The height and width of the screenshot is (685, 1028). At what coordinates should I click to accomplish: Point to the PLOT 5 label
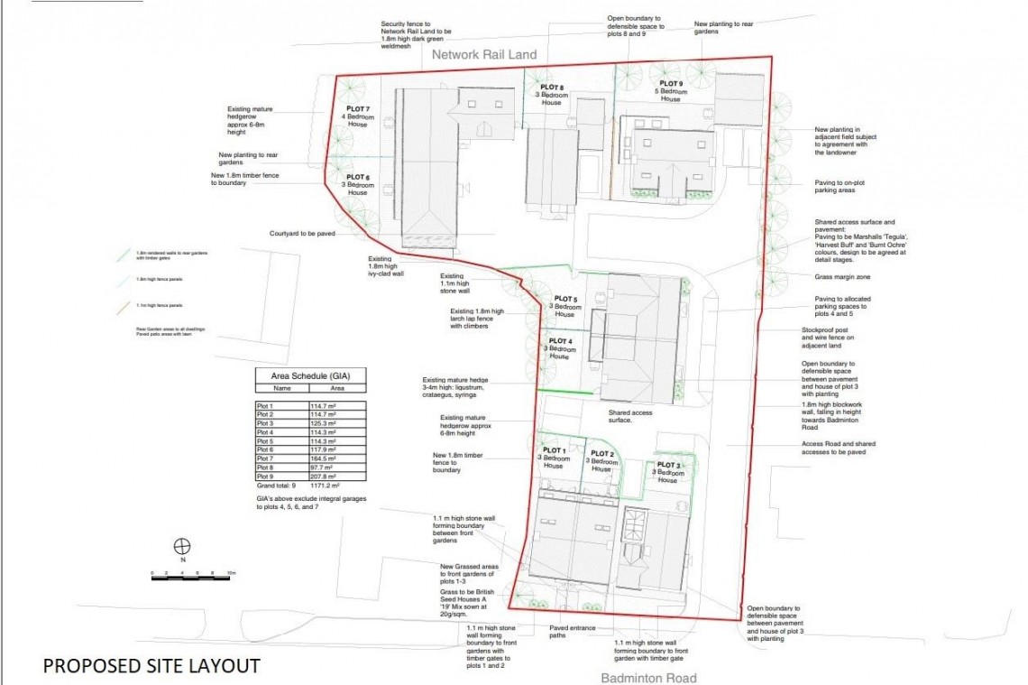click(565, 300)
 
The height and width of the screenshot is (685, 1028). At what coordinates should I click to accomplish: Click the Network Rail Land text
click(484, 55)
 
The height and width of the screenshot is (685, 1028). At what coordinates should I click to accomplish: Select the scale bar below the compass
click(194, 575)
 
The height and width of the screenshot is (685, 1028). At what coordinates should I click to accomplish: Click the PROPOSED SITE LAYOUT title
click(151, 666)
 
